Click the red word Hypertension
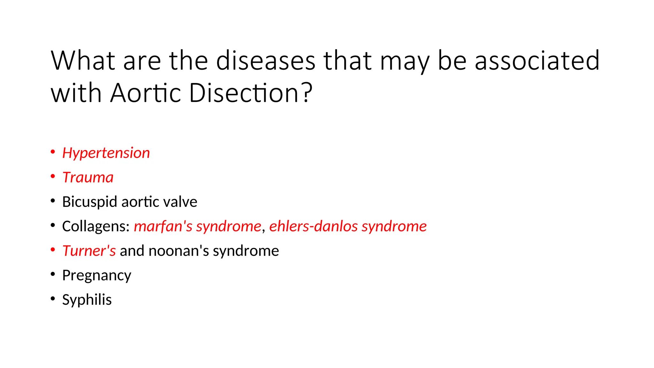coord(106,153)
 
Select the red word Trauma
coord(88,178)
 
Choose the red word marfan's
coord(163,226)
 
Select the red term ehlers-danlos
coord(313,226)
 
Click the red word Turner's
coord(89,251)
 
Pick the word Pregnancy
coord(96,275)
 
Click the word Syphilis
coord(87,300)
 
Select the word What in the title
coord(83,60)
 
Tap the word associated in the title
coord(537,60)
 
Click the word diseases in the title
coord(266,60)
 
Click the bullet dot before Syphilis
coord(53,299)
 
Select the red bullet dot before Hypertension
coord(53,152)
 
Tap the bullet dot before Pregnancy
coord(53,274)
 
